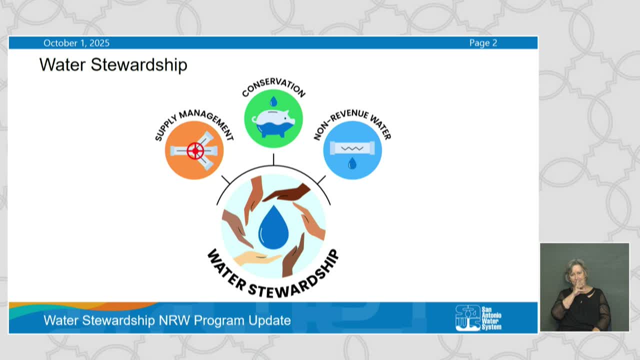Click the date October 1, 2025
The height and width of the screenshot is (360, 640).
pyautogui.click(x=76, y=43)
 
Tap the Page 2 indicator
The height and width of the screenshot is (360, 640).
pyautogui.click(x=483, y=43)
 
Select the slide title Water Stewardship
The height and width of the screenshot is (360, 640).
pyautogui.click(x=113, y=64)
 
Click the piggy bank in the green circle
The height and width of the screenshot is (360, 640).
pyautogui.click(x=273, y=121)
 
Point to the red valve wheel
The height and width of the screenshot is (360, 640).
pyautogui.click(x=195, y=150)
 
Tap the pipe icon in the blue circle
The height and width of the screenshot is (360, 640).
pyautogui.click(x=352, y=148)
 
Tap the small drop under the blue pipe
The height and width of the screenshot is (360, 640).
pyautogui.click(x=352, y=163)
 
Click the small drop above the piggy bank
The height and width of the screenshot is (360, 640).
pyautogui.click(x=273, y=102)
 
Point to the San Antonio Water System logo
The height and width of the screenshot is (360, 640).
pyautogui.click(x=478, y=317)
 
